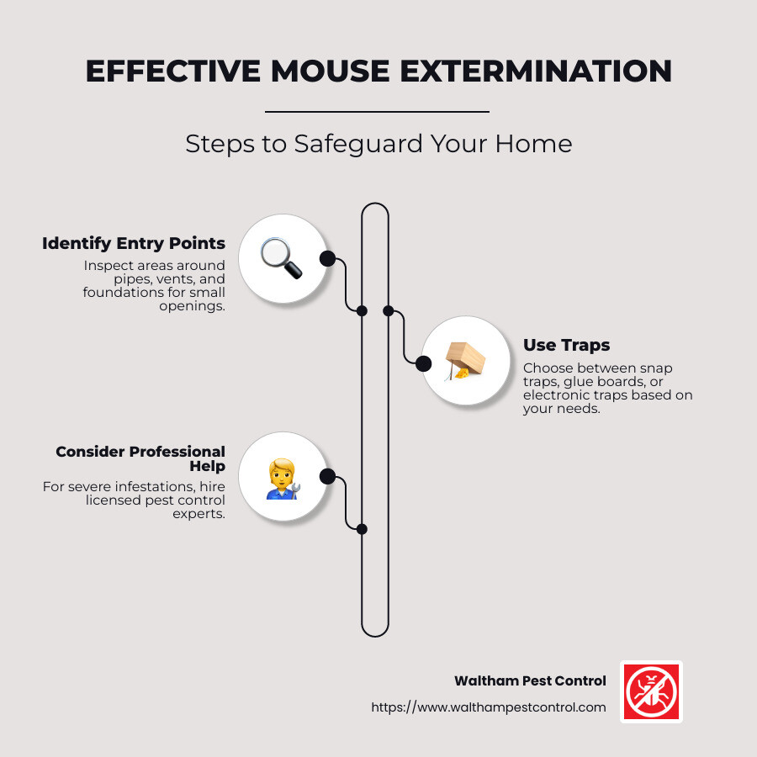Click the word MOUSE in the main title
point(319,71)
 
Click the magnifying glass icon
point(281,258)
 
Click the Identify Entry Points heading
point(134,244)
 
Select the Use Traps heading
point(566,345)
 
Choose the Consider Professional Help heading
point(140,459)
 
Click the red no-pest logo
point(651,691)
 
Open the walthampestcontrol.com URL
point(489,707)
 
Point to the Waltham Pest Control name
point(530,681)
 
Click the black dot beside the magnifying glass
point(327,258)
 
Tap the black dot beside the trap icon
point(423,363)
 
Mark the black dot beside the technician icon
point(328,477)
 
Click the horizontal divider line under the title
point(377,111)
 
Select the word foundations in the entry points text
point(119,292)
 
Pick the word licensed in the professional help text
point(114,500)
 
